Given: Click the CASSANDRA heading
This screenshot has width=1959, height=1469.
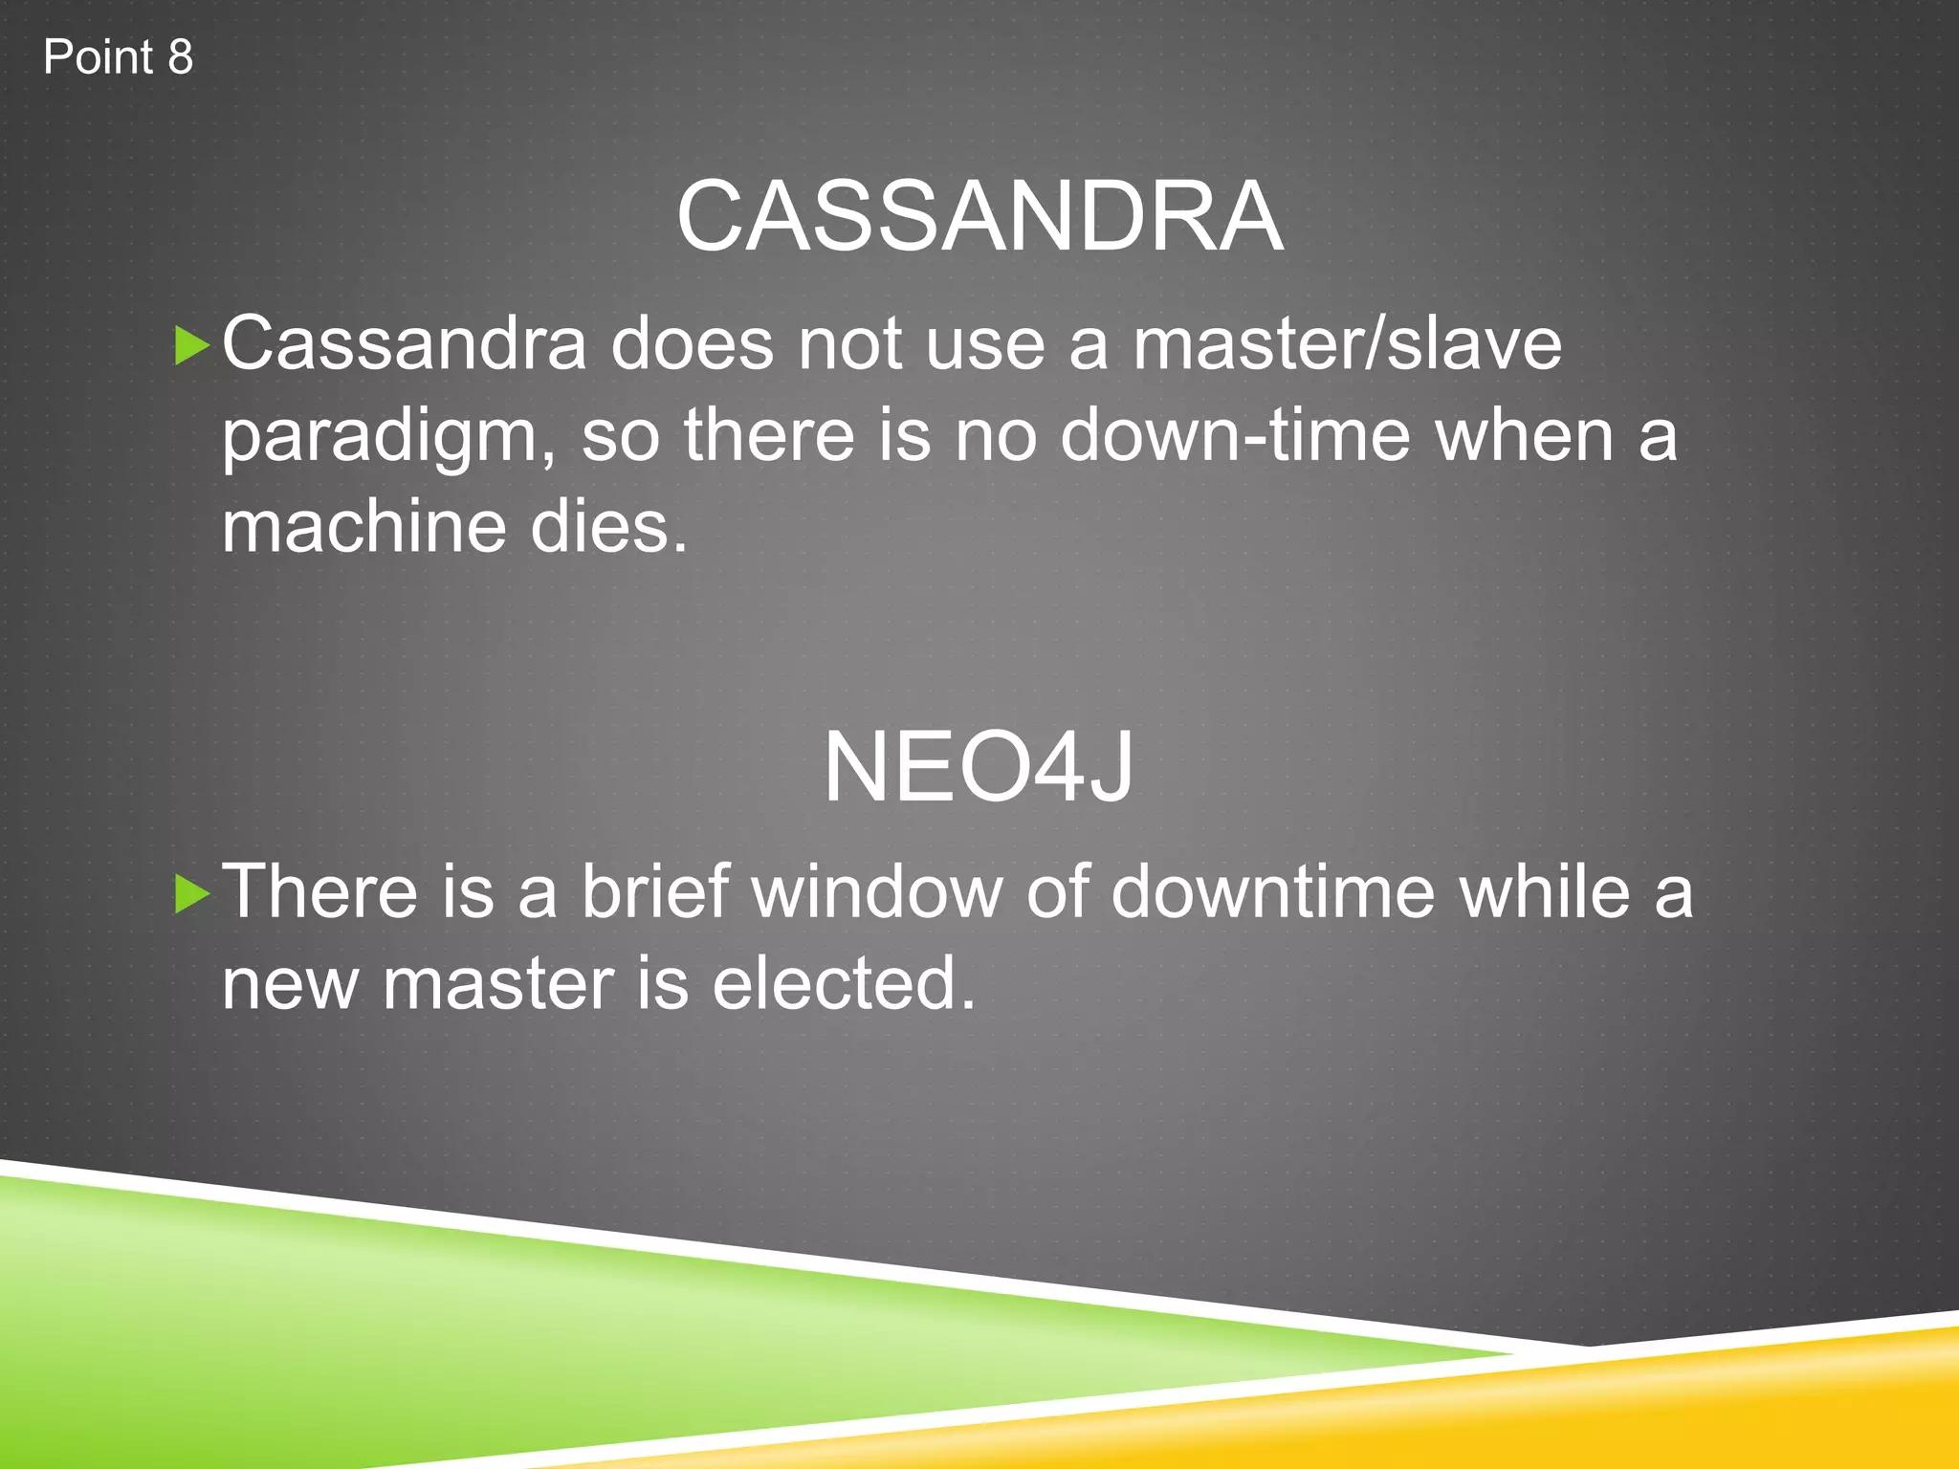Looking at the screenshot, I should coord(979,217).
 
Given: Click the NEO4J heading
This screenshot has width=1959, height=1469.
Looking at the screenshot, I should coord(979,768).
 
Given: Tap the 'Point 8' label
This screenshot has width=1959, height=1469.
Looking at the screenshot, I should coord(118,57).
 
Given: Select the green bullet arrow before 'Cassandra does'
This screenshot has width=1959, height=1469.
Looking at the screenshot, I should coord(191,345).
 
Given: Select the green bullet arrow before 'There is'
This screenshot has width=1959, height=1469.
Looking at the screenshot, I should coord(191,894).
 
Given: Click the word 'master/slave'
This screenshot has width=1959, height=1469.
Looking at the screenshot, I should coord(1347,344).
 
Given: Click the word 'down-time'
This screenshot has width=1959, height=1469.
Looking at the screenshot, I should coord(1235,436).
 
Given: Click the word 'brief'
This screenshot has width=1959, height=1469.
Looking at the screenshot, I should coord(655,891).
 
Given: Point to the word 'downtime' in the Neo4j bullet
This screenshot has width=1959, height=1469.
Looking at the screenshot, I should coord(1271,891).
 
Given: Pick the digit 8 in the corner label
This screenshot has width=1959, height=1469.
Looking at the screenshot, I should coord(180,57).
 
